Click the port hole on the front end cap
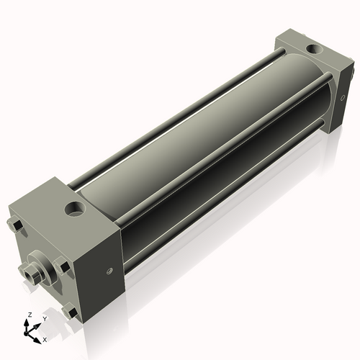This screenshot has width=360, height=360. point(75,210)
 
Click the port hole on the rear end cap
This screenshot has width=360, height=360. point(315,50)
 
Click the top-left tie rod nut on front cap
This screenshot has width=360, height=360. point(15,228)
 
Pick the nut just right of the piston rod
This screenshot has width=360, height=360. point(63,268)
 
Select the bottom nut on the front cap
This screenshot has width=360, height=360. point(69,312)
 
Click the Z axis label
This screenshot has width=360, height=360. point(29,315)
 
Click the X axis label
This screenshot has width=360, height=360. point(45,338)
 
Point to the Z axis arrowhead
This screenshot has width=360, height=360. point(29,323)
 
